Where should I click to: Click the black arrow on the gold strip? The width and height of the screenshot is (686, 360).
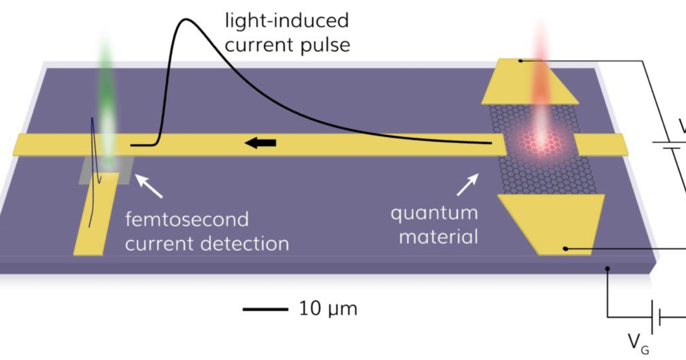point(261,142)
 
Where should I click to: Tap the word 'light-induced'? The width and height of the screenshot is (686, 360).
point(286,22)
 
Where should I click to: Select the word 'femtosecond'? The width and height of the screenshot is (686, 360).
point(187,219)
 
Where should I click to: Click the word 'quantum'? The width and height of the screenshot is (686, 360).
point(434,213)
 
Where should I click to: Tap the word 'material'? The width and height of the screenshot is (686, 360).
point(438,236)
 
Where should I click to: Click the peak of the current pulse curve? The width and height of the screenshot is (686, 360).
point(186,21)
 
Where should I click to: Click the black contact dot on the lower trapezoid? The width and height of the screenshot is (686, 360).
point(565,249)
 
